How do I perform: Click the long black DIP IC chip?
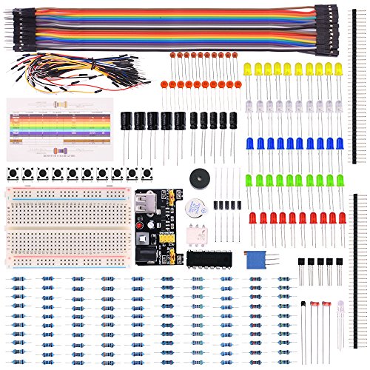pyautogui.click(x=209, y=258)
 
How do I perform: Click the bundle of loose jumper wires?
pyautogui.click(x=59, y=73)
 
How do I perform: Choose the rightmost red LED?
pyautogui.click(x=343, y=219)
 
